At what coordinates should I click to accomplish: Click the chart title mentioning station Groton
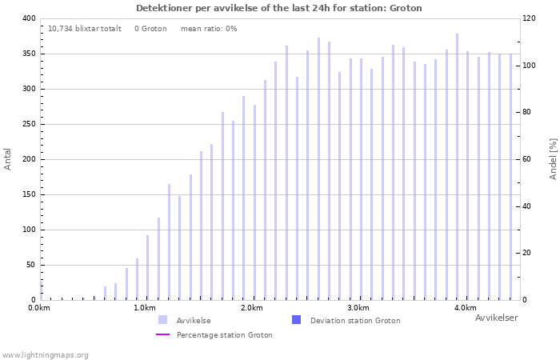click(278, 8)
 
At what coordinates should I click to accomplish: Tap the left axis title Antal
click(8, 159)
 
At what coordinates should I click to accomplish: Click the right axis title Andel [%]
click(553, 158)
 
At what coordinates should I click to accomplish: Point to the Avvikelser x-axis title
click(496, 318)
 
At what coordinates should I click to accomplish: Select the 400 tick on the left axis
click(28, 18)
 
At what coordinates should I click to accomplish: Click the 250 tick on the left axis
click(28, 124)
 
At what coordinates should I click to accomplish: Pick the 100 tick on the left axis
click(28, 230)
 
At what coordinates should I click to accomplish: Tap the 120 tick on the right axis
click(528, 18)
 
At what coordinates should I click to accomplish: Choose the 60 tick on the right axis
click(528, 159)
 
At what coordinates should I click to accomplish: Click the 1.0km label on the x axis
click(145, 308)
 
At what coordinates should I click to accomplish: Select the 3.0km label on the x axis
click(358, 308)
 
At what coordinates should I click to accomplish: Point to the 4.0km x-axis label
click(465, 308)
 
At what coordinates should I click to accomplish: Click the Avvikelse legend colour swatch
click(163, 320)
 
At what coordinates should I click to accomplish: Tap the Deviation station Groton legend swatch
click(297, 320)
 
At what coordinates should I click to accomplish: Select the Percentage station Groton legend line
click(163, 335)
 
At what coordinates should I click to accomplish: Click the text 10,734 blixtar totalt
click(85, 29)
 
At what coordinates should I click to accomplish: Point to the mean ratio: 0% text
click(209, 29)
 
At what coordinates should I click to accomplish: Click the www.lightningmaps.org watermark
click(46, 355)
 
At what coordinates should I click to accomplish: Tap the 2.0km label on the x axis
click(251, 308)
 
